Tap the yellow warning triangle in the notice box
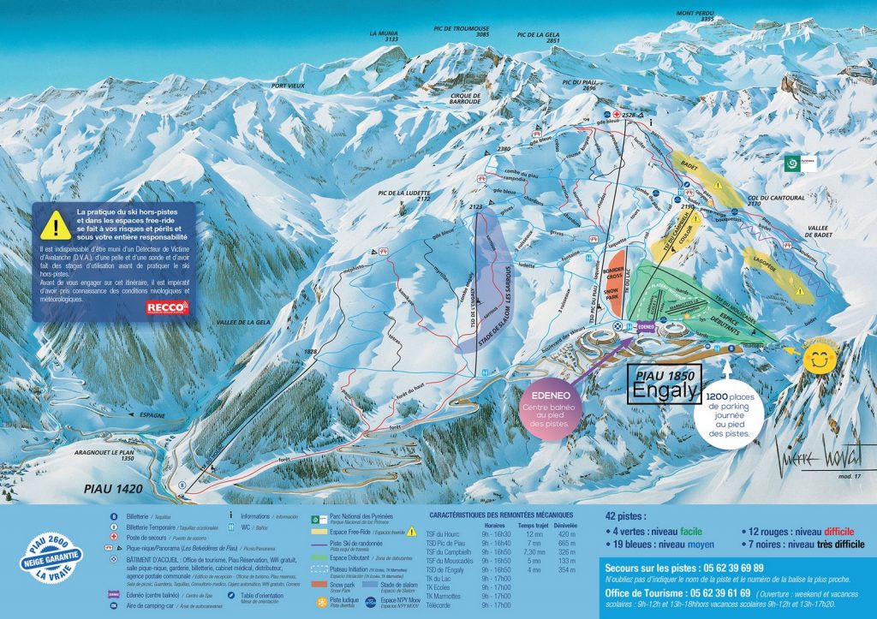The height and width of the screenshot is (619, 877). tap(56, 224)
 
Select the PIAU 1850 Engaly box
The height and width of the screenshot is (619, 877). tap(665, 383)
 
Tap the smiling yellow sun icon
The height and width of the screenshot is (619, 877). tap(822, 359)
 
